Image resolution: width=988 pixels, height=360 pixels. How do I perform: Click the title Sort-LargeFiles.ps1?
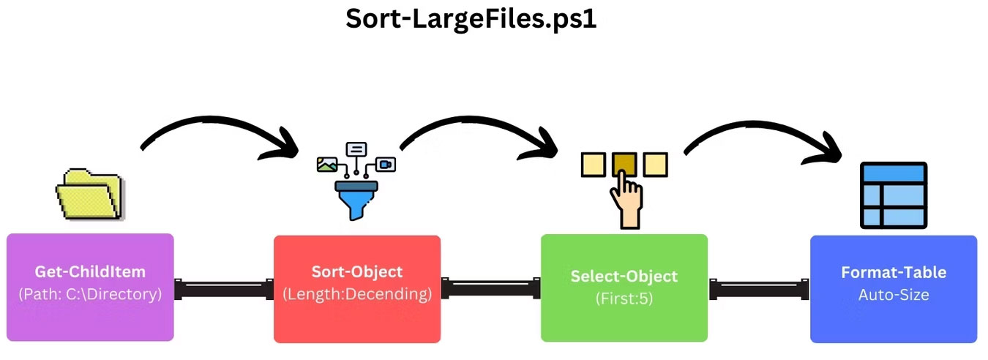coord(471,20)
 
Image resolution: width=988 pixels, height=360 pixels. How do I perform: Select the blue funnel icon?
coord(356,197)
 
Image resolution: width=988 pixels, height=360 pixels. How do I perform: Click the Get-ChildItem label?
coord(89,271)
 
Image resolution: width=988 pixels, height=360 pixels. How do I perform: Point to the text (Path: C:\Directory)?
coord(89,294)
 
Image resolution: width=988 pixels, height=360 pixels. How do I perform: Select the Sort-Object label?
coord(357,271)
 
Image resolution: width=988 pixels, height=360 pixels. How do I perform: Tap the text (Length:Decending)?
coord(357,294)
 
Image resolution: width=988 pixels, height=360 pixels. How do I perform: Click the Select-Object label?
coord(624,277)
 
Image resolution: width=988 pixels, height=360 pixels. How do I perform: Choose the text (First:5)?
coord(624,299)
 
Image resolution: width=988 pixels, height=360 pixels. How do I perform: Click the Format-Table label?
coord(894,272)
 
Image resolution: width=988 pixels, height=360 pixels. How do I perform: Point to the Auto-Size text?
coord(894,295)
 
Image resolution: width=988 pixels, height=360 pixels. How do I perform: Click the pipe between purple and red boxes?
coord(223,288)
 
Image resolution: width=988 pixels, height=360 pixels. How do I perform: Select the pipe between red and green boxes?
coord(490,288)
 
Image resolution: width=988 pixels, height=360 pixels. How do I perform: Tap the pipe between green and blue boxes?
coord(759,288)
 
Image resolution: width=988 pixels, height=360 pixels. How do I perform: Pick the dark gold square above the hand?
coord(624,163)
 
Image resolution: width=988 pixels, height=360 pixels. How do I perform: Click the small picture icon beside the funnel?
coord(326,165)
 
